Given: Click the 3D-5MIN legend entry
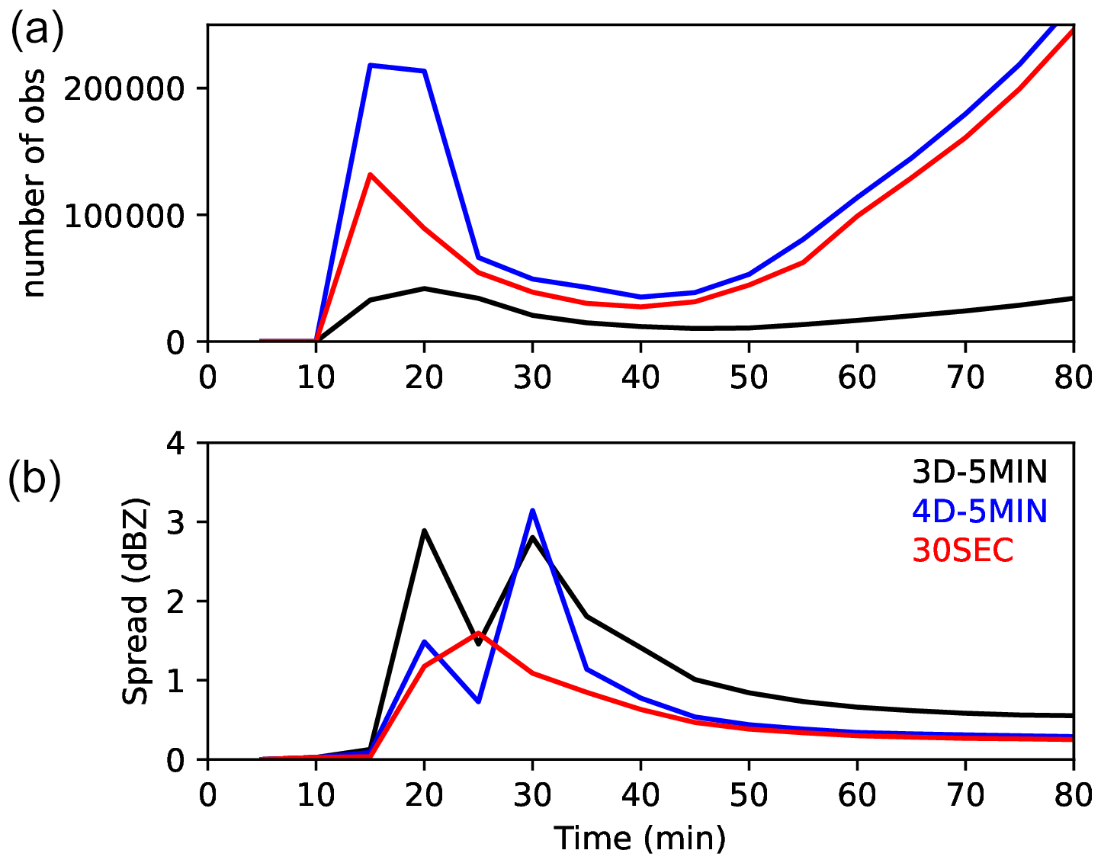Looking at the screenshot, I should point(980,473).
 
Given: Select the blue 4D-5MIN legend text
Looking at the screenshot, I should point(980,512).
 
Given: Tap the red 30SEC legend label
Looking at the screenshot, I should point(963,550).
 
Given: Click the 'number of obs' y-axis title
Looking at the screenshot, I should point(34,183).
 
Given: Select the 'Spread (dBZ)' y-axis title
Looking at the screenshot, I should point(136,602).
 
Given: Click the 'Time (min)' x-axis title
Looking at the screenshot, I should point(640,839).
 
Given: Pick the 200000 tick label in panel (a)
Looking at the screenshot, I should point(124,89).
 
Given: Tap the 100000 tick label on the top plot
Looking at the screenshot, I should point(124,216).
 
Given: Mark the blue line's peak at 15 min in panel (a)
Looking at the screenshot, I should point(370,66).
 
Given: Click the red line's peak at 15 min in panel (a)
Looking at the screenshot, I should point(370,175).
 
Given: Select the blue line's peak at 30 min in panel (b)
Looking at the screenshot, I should point(532,510).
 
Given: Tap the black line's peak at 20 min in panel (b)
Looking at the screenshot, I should point(424,530).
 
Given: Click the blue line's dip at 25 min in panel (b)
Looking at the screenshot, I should point(478,701).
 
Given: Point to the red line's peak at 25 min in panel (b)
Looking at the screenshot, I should point(478,633).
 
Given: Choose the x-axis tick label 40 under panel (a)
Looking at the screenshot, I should point(640,377).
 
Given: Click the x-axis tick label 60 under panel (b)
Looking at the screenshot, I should point(857,796).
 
